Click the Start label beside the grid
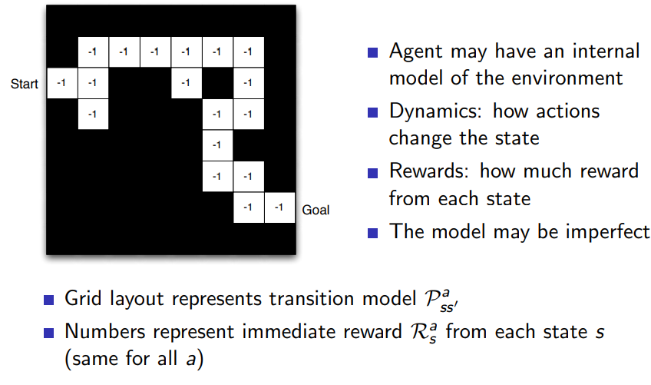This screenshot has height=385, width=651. click(x=24, y=84)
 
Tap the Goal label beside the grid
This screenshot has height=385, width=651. click(x=316, y=209)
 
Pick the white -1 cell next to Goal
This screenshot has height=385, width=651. click(x=279, y=207)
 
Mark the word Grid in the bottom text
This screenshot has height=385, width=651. click(x=81, y=299)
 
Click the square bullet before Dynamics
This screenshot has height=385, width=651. click(x=373, y=112)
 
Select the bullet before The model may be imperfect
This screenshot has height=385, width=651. click(x=373, y=231)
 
